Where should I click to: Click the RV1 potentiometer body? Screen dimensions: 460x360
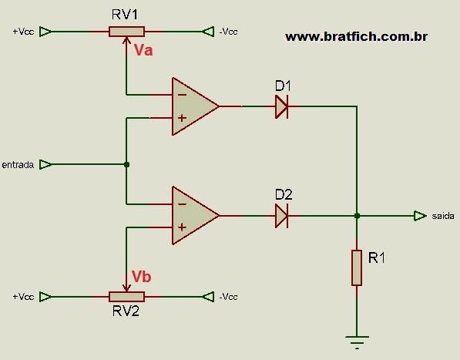[126, 32]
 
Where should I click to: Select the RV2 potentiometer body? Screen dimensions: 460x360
[126, 297]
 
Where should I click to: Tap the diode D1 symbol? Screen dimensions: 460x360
[282, 106]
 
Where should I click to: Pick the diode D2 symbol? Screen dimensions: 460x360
[282, 216]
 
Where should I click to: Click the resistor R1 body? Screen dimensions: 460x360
[357, 267]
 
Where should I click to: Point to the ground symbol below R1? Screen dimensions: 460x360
[357, 342]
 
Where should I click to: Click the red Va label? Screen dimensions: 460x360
[143, 50]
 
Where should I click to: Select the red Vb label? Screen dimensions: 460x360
[142, 277]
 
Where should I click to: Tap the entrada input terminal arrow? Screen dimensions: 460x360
[45, 164]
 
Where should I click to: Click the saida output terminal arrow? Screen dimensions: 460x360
[420, 216]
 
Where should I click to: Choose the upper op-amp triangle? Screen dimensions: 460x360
[196, 106]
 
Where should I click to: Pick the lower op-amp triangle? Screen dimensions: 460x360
[196, 216]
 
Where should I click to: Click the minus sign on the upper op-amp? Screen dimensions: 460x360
[182, 95]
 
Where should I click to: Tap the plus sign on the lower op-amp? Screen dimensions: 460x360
[182, 227]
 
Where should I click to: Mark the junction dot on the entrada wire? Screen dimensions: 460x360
[126, 165]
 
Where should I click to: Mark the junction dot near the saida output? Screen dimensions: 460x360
[357, 216]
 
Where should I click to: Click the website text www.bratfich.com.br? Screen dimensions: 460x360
[357, 37]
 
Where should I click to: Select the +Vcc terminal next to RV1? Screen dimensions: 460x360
[45, 32]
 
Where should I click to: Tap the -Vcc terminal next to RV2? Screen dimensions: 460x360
[208, 297]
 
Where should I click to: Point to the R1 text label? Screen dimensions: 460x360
[377, 257]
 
